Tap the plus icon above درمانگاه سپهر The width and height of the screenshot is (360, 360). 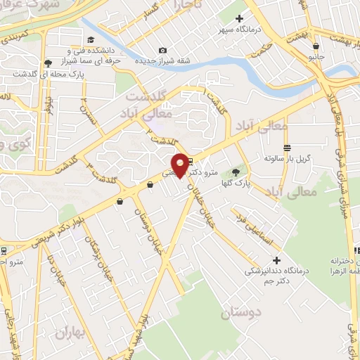pyautogui.click(x=239, y=18)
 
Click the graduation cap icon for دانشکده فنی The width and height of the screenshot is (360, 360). pyautogui.click(x=90, y=41)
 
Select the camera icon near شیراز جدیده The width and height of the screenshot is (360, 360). pyautogui.click(x=163, y=50)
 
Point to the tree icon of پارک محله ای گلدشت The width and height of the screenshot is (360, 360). pyautogui.click(x=47, y=63)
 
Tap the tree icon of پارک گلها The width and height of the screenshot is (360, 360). pyautogui.click(x=235, y=172)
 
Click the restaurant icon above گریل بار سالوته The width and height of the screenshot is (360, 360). pyautogui.click(x=287, y=148)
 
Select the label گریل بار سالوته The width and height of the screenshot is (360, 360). pyautogui.click(x=287, y=159)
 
